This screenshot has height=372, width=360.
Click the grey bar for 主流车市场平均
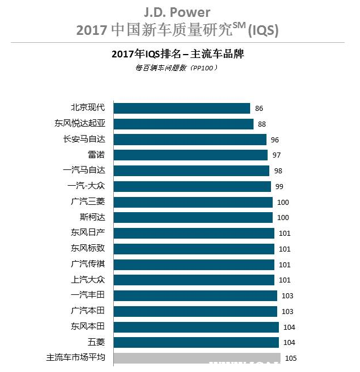(x=197, y=358)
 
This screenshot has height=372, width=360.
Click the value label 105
(x=291, y=358)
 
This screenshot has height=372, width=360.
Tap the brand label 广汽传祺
(x=88, y=264)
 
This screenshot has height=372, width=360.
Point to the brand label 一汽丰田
(x=88, y=295)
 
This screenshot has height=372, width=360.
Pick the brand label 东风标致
(x=88, y=248)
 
